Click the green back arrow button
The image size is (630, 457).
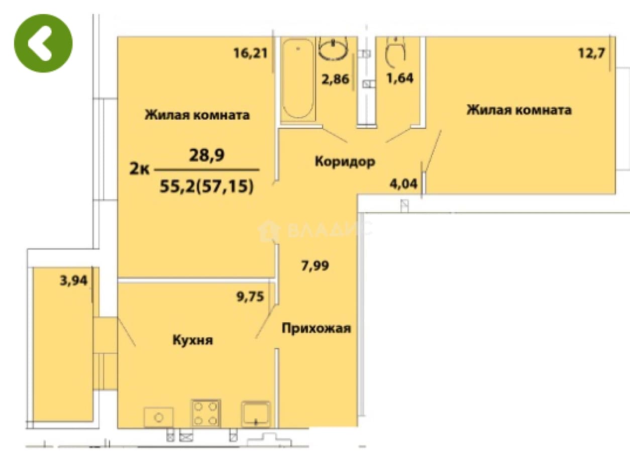(x=43, y=43)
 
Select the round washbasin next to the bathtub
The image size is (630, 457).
(x=333, y=49)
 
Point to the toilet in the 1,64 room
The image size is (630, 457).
(x=395, y=52)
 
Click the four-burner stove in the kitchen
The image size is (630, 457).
(x=206, y=413)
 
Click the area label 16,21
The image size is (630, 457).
(x=250, y=53)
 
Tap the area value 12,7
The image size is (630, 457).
(x=591, y=53)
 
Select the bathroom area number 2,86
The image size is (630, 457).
(x=335, y=79)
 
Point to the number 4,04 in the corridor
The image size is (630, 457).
(x=403, y=184)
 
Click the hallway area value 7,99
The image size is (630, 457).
(x=315, y=265)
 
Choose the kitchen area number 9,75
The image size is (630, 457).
(x=250, y=297)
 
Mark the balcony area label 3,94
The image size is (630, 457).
(x=74, y=280)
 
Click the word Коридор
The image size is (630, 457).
(x=345, y=161)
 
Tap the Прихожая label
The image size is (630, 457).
(x=317, y=328)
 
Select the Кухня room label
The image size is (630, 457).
(x=192, y=340)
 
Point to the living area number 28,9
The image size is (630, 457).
(x=206, y=154)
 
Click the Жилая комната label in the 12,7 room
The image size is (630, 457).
(x=519, y=110)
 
